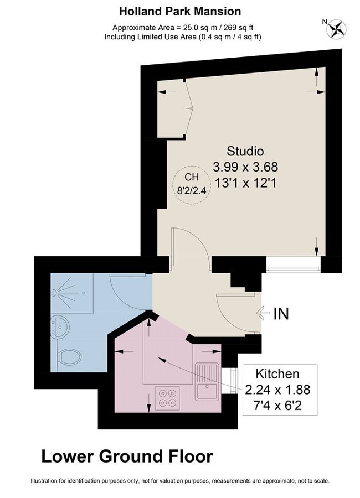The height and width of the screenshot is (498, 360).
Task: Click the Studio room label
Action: coord(245,151)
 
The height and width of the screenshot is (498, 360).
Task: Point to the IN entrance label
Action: coord(281,314)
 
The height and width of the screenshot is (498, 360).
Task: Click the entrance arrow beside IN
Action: coord(263,314)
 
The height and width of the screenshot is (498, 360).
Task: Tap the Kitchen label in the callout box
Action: coord(277,374)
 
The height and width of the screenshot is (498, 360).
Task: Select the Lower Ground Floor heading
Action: coord(127,456)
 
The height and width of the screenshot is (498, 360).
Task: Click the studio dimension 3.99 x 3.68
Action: coord(245,166)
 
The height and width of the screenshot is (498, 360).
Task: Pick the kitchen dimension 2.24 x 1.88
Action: coord(277,390)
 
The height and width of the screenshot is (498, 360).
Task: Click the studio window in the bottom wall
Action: coord(294,265)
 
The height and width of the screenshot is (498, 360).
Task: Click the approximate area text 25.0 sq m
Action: coord(183,27)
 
